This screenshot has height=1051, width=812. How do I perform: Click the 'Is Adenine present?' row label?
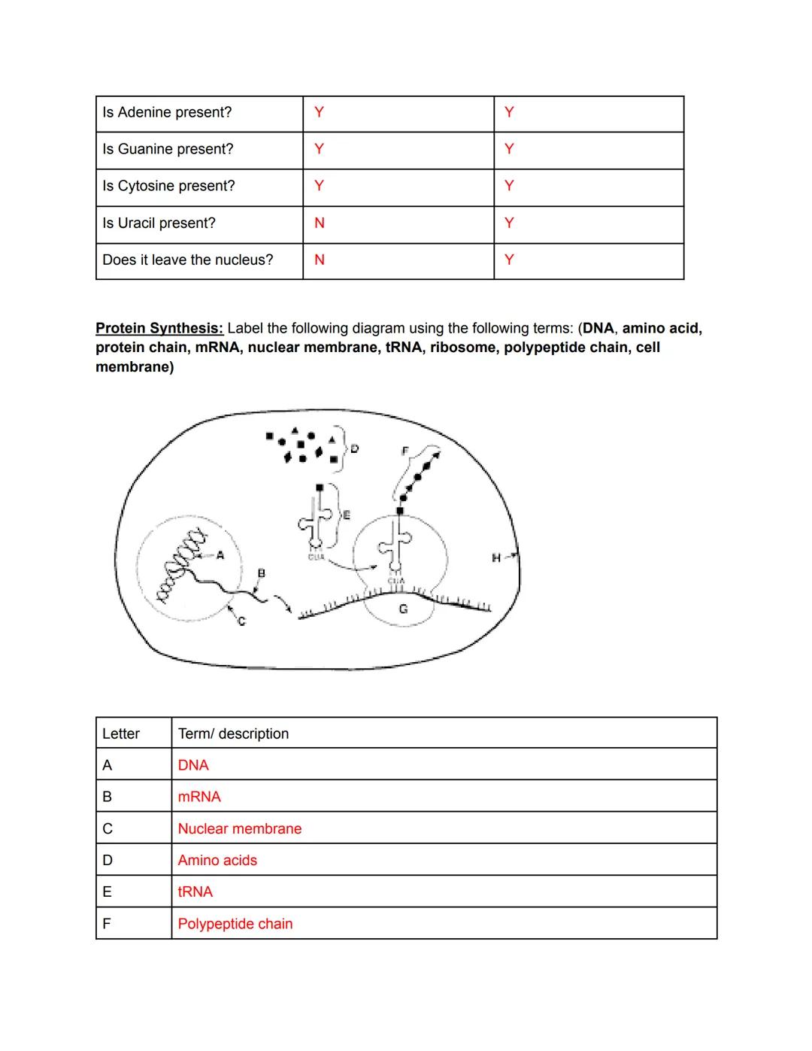tap(167, 113)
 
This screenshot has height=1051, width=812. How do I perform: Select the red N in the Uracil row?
tap(320, 223)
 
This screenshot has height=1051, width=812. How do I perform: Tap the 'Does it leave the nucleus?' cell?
tap(188, 260)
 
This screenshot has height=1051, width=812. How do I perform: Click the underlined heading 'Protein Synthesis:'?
tap(159, 329)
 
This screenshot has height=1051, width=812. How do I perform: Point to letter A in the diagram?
tap(220, 556)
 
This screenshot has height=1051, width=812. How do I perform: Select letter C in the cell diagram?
tap(241, 621)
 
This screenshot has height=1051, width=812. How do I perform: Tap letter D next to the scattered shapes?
tap(355, 448)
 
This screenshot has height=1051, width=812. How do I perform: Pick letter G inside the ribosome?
tap(403, 609)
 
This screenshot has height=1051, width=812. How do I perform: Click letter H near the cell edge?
tap(495, 557)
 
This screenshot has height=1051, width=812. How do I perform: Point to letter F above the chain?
tap(404, 451)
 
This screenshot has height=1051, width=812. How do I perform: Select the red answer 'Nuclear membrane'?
tap(240, 829)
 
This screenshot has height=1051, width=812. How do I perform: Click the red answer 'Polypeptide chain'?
tap(235, 924)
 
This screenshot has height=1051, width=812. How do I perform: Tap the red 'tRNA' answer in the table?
tap(195, 892)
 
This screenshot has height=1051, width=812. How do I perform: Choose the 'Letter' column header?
tap(121, 734)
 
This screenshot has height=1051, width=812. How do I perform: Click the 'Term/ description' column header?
tap(233, 734)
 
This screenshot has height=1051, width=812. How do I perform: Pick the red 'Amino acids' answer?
tap(217, 861)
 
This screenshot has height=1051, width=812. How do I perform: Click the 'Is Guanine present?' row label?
tap(168, 150)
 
